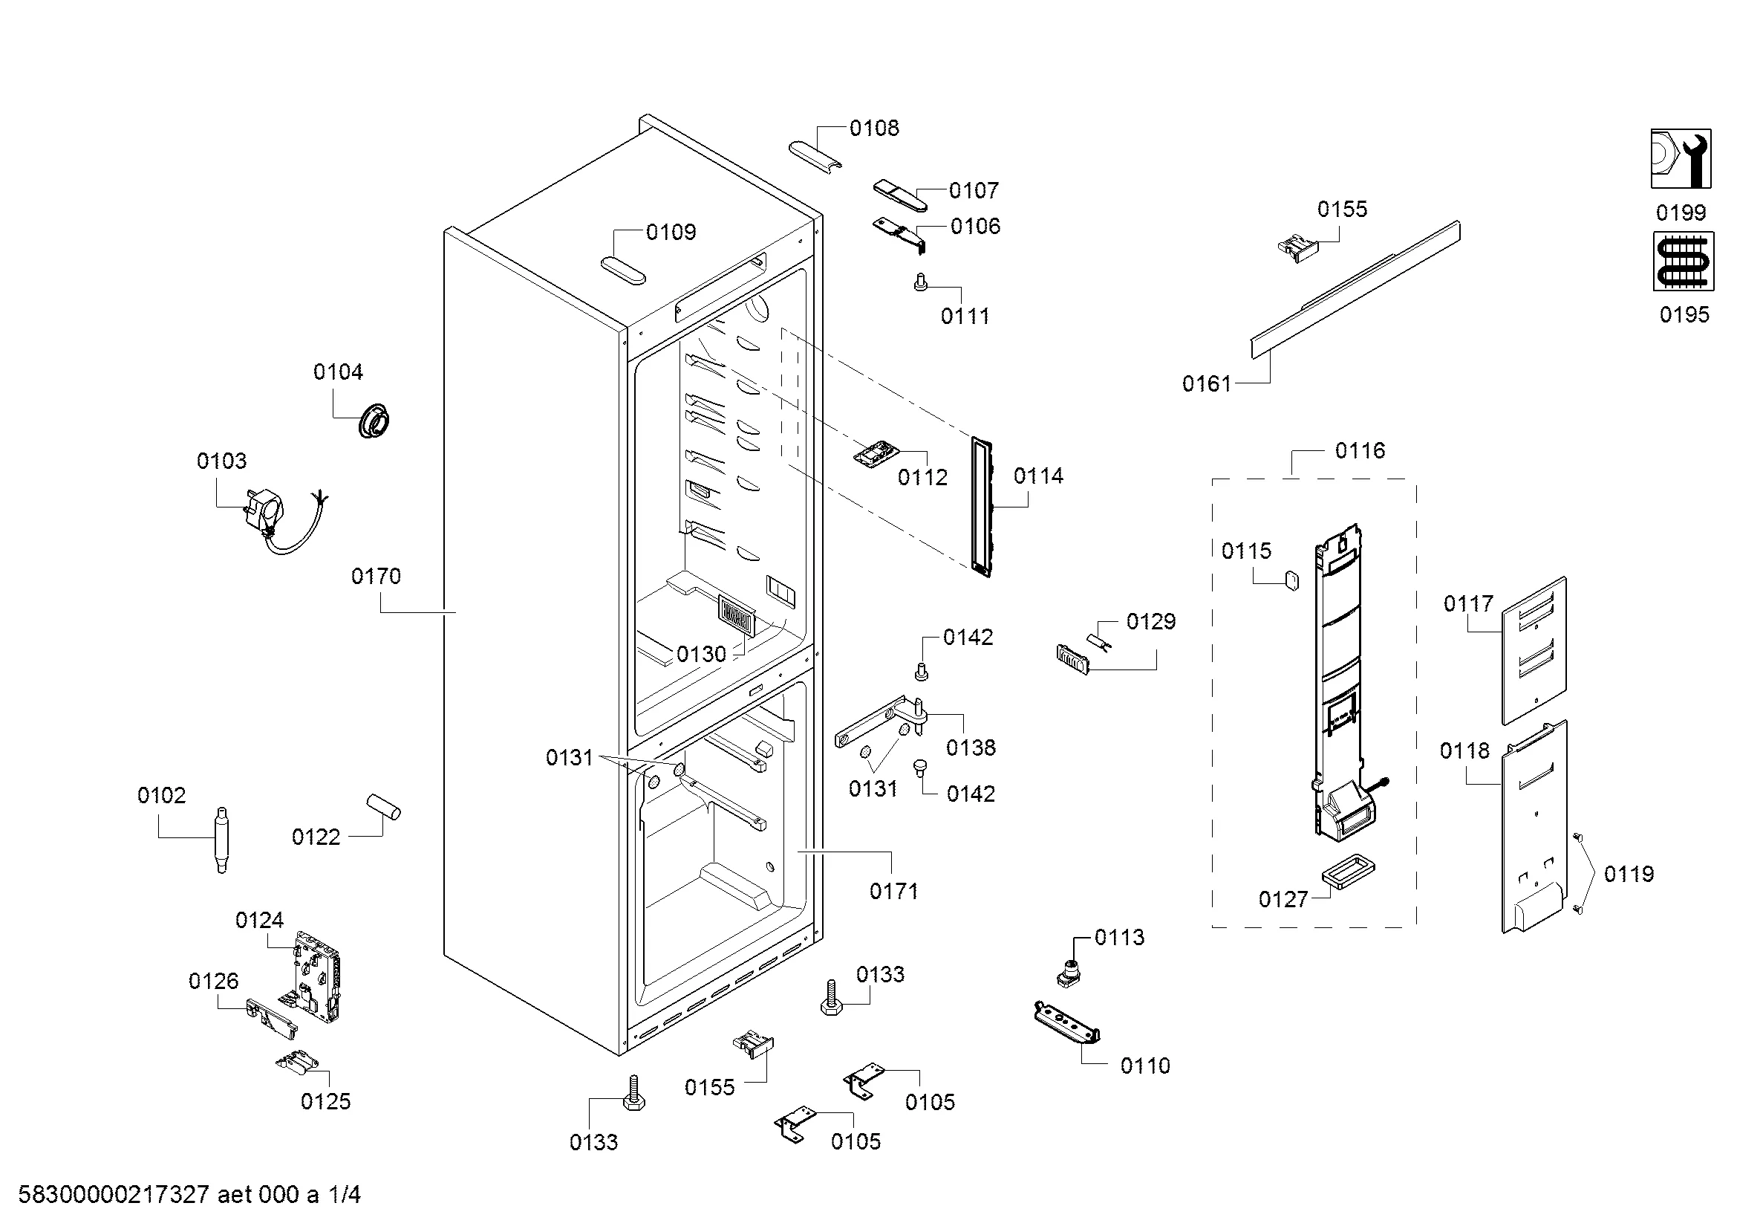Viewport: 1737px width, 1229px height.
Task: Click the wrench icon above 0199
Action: [1681, 158]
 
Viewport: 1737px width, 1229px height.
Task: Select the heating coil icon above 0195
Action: [1684, 261]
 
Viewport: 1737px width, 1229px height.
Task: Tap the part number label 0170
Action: [376, 577]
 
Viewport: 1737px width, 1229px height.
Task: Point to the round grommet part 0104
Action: [374, 421]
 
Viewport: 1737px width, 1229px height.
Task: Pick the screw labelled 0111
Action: [921, 282]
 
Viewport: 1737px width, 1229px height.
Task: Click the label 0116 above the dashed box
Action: [1360, 451]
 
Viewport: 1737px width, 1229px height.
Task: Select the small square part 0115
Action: [1291, 580]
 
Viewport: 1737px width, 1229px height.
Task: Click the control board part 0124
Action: [316, 977]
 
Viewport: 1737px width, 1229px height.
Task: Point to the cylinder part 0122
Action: [383, 807]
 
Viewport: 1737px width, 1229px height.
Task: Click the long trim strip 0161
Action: [1355, 290]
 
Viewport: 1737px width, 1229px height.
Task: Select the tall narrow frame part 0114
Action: [981, 507]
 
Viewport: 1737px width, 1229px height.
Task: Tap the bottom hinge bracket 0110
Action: [1066, 1024]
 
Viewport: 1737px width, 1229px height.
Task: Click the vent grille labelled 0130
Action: [736, 616]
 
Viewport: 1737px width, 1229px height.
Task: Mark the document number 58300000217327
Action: [114, 1195]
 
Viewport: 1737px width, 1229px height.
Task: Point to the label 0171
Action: [893, 892]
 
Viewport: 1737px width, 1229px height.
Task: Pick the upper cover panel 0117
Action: [1534, 651]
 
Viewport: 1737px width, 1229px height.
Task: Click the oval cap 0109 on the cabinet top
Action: [623, 270]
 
